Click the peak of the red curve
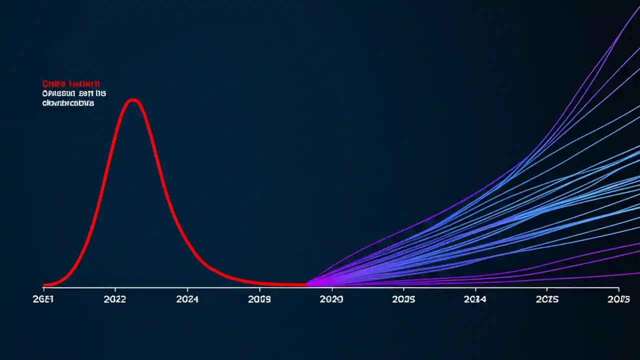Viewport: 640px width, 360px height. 133,100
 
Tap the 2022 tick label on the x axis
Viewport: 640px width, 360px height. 115,299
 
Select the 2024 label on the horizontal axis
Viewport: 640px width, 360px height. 187,299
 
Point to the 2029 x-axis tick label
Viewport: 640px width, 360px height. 331,299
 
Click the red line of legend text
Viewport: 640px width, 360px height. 71,83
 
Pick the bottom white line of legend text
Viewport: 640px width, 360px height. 68,103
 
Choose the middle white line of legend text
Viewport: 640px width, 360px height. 74,93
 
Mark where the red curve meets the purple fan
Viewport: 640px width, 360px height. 306,284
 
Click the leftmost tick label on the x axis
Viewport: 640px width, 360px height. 44,299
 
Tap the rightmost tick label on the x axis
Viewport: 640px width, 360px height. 618,299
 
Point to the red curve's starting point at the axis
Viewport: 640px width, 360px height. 44,285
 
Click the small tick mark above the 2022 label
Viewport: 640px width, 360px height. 115,289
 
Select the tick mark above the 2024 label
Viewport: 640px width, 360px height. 187,289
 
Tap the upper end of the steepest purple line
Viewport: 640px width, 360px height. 638,7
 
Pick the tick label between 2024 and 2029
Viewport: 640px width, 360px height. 259,299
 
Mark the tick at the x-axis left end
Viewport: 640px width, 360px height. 43,288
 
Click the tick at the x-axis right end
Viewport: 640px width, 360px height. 618,289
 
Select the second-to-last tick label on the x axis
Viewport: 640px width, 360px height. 546,299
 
